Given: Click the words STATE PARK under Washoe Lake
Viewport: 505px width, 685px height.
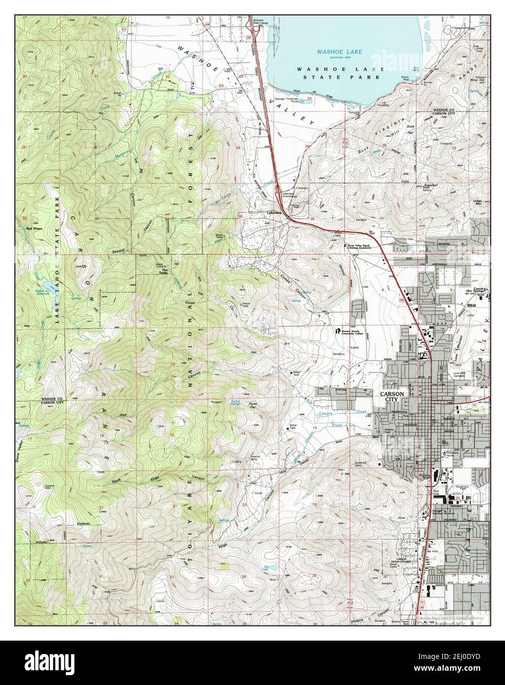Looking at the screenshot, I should tap(355, 77).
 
